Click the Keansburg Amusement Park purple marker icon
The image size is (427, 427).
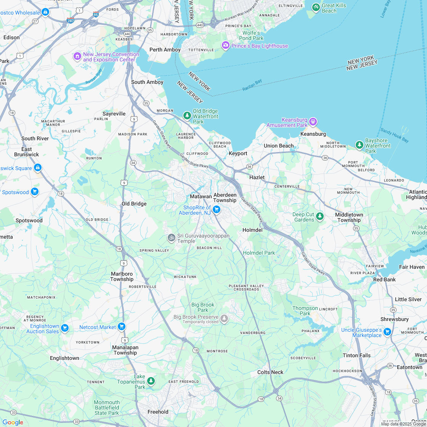pyautogui.click(x=313, y=122)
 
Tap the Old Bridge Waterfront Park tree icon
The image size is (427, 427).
pyautogui.click(x=187, y=115)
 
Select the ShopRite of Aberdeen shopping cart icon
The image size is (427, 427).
pyautogui.click(x=217, y=209)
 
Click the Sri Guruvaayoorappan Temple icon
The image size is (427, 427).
pyautogui.click(x=172, y=238)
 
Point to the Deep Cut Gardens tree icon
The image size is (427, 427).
pyautogui.click(x=320, y=216)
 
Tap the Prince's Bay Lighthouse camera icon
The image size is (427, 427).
pyautogui.click(x=226, y=46)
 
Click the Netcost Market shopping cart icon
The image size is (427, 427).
pyautogui.click(x=122, y=326)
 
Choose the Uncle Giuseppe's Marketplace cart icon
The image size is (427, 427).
pyautogui.click(x=387, y=331)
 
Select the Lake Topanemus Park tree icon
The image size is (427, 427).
pyautogui.click(x=151, y=380)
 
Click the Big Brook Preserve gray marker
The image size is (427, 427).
pyautogui.click(x=224, y=318)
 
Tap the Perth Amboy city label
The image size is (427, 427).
pyautogui.click(x=165, y=50)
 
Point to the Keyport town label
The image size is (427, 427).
pyautogui.click(x=238, y=153)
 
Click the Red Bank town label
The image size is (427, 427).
pyautogui.click(x=384, y=279)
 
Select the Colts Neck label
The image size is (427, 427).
pyautogui.click(x=270, y=372)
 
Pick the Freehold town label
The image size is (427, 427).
pyautogui.click(x=158, y=412)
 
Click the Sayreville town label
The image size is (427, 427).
pyautogui.click(x=114, y=114)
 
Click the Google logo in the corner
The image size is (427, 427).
pyautogui.click(x=13, y=422)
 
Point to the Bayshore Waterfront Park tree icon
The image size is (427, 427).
pyautogui.click(x=359, y=145)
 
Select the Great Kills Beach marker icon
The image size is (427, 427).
pyautogui.click(x=316, y=7)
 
